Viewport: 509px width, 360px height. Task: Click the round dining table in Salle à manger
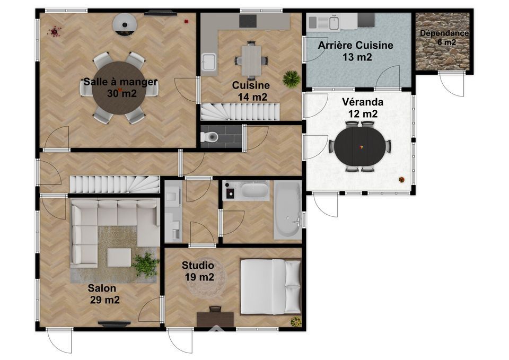coord(118,87)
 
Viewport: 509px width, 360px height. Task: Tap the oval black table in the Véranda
coord(361,146)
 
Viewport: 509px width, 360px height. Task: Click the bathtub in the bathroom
coord(287,210)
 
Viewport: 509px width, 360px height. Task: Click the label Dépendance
coord(444,33)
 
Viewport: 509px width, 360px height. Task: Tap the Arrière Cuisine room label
coord(355,45)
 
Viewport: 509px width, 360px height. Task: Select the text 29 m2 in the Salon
coord(104,300)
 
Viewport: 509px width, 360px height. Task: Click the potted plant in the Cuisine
coord(291,79)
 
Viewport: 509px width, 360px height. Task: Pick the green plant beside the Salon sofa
coord(145,264)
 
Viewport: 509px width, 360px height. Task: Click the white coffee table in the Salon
coord(119,258)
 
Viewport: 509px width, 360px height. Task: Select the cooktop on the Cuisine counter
coord(248,21)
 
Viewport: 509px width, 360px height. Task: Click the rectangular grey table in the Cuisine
coord(251,60)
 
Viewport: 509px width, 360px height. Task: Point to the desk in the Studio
coord(215,319)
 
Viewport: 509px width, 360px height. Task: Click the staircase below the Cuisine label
coord(240,112)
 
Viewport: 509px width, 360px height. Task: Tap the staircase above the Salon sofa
coord(115,184)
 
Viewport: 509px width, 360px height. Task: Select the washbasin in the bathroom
coord(255,190)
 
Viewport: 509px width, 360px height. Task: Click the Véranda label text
coord(363,102)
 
